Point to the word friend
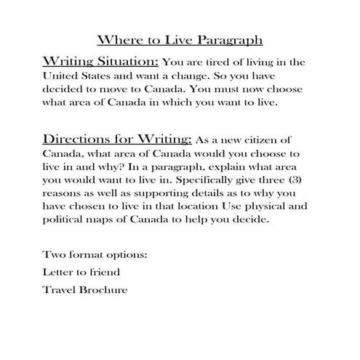coord(104,273)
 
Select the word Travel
coord(60,289)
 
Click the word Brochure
coord(107,289)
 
